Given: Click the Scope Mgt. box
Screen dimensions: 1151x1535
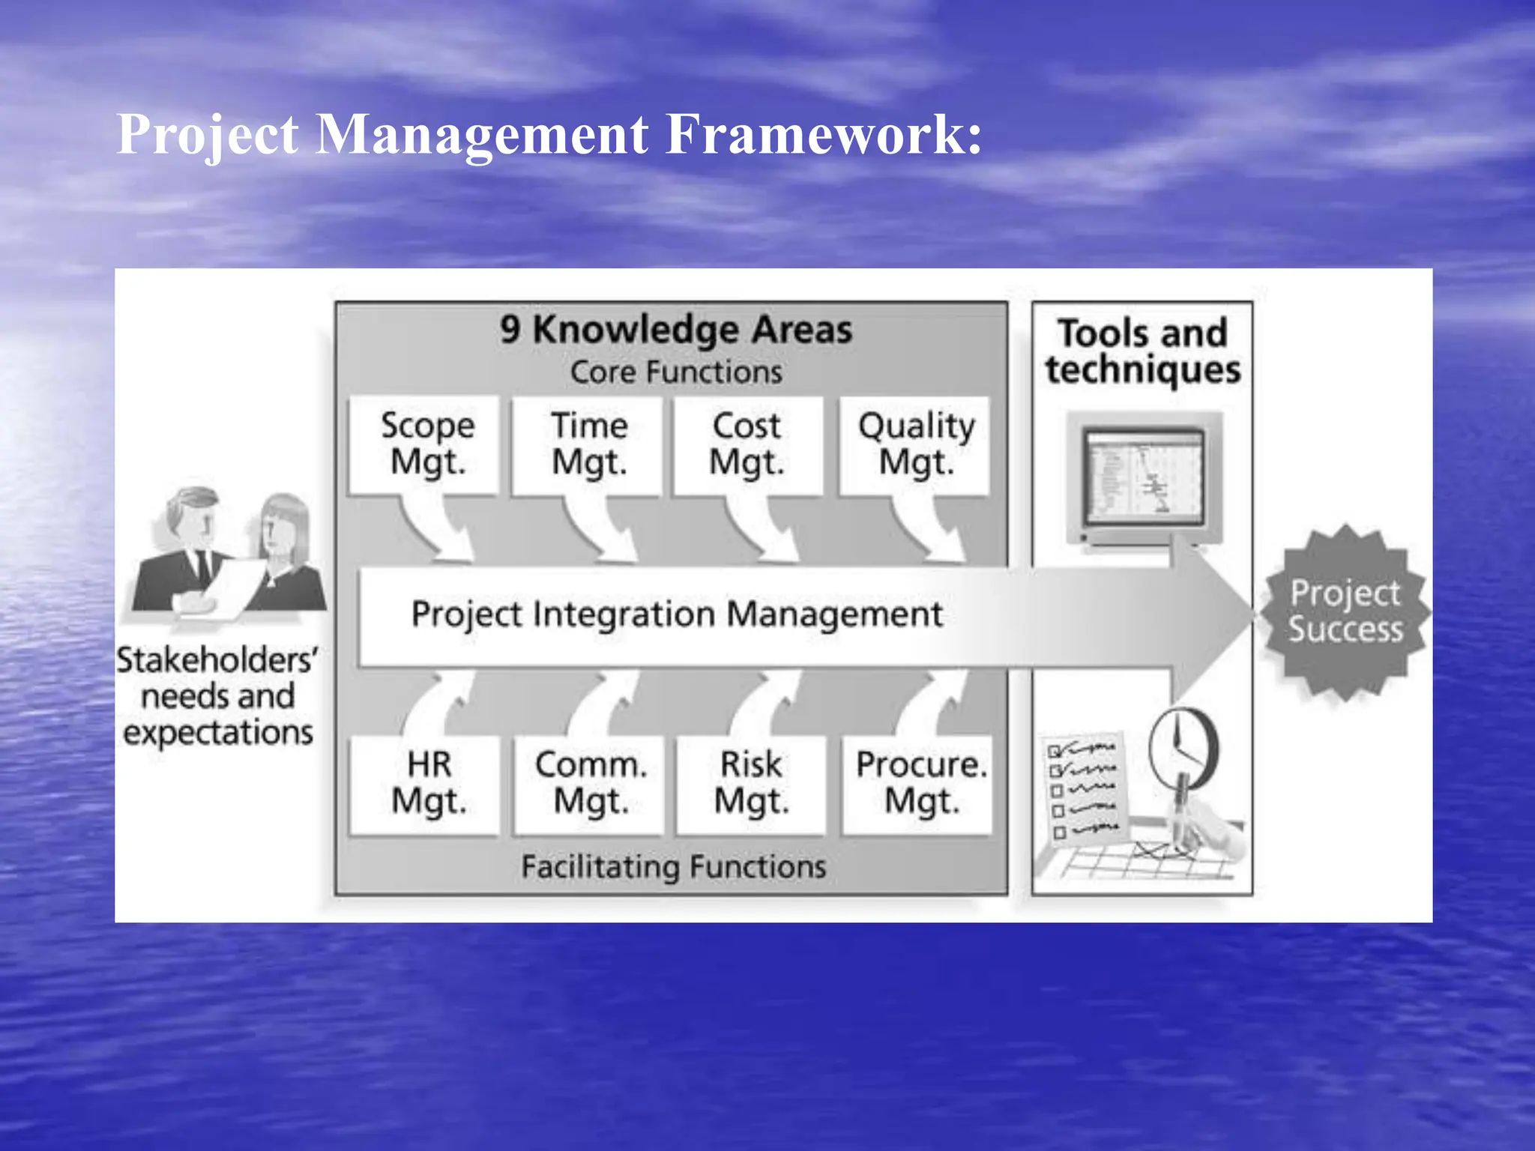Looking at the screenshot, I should click(x=425, y=444).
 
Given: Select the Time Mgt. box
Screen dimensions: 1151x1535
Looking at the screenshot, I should click(x=588, y=444).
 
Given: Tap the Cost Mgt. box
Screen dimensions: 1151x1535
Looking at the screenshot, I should click(x=747, y=444).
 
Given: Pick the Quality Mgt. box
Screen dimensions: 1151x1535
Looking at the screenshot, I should click(x=915, y=444).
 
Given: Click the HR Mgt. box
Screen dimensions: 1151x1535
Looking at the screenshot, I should click(x=426, y=784).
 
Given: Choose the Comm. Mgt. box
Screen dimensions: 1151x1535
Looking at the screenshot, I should click(x=589, y=784).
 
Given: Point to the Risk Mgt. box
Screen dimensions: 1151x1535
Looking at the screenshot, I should click(x=751, y=784).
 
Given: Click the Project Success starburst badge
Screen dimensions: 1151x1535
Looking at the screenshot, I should click(x=1345, y=611).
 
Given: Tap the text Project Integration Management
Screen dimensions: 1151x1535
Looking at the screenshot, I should click(x=676, y=614).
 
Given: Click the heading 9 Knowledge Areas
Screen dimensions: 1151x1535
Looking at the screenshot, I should click(x=676, y=330).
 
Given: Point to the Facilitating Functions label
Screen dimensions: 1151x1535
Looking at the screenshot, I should click(x=673, y=867).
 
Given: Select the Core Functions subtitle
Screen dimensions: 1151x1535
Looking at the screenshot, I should click(x=676, y=372).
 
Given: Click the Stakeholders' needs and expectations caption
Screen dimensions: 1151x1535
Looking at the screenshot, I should click(x=217, y=696).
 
